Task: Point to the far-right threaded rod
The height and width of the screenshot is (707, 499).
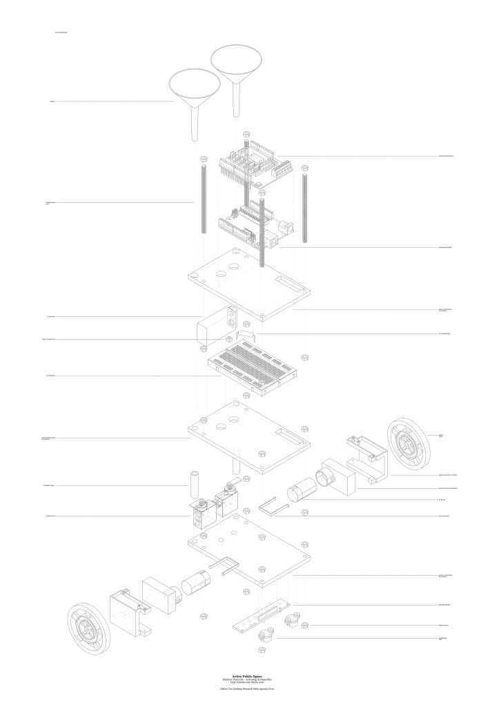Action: [x=304, y=207]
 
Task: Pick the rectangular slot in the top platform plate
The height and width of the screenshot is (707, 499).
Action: [x=290, y=283]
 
